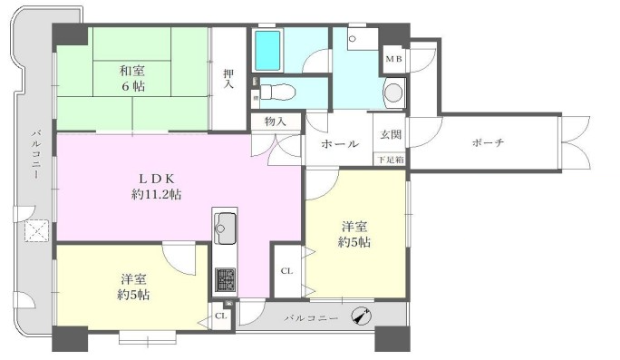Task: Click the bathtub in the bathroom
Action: (x=267, y=50)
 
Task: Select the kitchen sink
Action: (x=225, y=228)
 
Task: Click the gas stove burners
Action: (x=225, y=279)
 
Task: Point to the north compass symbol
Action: (x=362, y=316)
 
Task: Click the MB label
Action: (x=393, y=59)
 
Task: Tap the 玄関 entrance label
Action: (x=391, y=134)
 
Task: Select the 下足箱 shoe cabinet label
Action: (x=391, y=160)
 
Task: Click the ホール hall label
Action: (x=340, y=143)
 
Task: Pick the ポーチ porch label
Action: (x=488, y=142)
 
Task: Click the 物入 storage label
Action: (x=276, y=122)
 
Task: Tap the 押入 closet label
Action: (x=228, y=78)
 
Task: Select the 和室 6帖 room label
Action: (x=132, y=78)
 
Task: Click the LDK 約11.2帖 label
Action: (x=157, y=186)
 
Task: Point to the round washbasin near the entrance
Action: (x=393, y=92)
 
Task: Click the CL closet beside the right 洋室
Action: (x=286, y=271)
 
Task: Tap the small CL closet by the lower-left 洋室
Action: (x=221, y=316)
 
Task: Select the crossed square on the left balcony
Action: (x=37, y=230)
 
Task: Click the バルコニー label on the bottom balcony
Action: (x=312, y=318)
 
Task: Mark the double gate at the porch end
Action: (x=576, y=143)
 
